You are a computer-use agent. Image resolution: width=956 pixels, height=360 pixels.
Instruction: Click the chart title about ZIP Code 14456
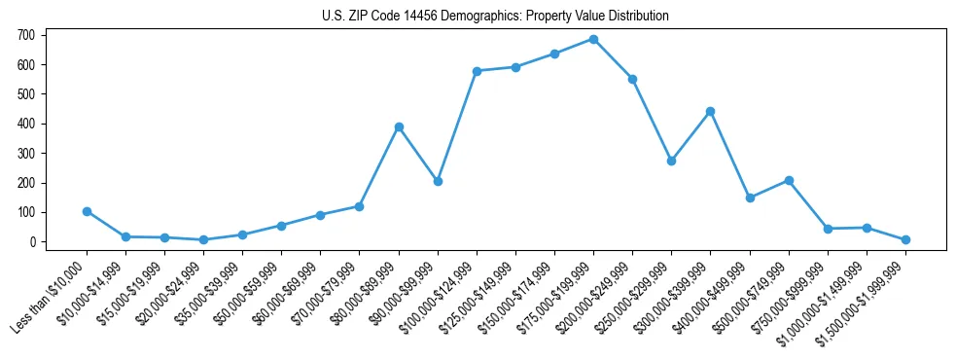click(x=495, y=16)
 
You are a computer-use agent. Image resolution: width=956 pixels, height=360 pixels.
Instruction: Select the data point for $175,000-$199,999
click(x=593, y=39)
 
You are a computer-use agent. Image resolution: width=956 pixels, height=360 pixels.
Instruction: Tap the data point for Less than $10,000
click(x=87, y=211)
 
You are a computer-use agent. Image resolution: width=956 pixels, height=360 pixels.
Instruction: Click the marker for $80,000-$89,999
click(x=399, y=126)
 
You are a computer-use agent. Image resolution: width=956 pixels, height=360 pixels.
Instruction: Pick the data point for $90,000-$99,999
click(x=438, y=181)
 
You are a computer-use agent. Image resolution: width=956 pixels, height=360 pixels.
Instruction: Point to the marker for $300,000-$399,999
click(x=710, y=111)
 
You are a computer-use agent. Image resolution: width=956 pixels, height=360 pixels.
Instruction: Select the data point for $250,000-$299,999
click(x=671, y=161)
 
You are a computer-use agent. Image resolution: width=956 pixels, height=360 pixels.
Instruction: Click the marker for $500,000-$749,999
click(x=789, y=180)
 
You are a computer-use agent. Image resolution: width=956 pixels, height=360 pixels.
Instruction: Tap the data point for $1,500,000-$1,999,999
click(x=905, y=239)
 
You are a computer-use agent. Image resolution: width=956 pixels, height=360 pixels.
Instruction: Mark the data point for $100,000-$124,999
click(x=477, y=71)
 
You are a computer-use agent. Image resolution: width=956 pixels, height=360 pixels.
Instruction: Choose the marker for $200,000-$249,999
click(x=632, y=79)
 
